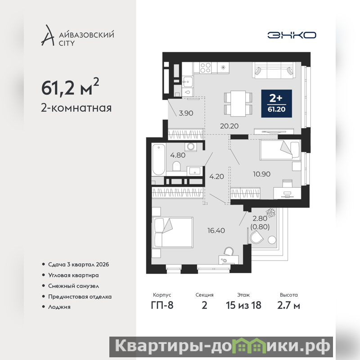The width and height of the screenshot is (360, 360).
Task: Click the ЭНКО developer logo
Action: tap(292, 35)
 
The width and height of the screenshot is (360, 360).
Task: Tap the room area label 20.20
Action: tap(229, 126)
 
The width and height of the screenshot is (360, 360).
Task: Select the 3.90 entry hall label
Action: tap(186, 113)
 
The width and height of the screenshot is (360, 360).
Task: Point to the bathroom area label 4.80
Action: tap(178, 155)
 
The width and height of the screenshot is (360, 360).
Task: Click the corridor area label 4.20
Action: tap(216, 176)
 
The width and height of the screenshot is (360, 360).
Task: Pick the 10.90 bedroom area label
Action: tap(262, 174)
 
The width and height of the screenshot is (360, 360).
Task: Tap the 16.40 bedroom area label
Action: tap(216, 230)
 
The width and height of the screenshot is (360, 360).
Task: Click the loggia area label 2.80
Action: tap(260, 218)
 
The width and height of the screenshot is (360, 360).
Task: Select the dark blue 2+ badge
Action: tap(276, 103)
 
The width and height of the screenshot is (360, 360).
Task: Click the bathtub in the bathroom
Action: tap(159, 159)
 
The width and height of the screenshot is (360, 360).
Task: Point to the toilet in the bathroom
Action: tap(176, 166)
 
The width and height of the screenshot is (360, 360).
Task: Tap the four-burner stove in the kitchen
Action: tap(205, 67)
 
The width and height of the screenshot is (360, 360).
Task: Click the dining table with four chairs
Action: tap(238, 103)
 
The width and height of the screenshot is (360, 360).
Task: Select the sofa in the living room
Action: tap(274, 71)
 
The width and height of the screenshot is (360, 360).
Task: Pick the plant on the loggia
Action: tap(271, 212)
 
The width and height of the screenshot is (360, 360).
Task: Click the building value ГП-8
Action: tap(162, 306)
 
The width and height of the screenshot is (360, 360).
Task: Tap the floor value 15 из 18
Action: tap(243, 306)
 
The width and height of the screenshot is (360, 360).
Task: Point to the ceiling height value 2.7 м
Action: tap(288, 306)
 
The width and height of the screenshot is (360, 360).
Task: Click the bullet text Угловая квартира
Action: tap(73, 275)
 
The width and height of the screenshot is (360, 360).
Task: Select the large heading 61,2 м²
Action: tap(70, 87)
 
